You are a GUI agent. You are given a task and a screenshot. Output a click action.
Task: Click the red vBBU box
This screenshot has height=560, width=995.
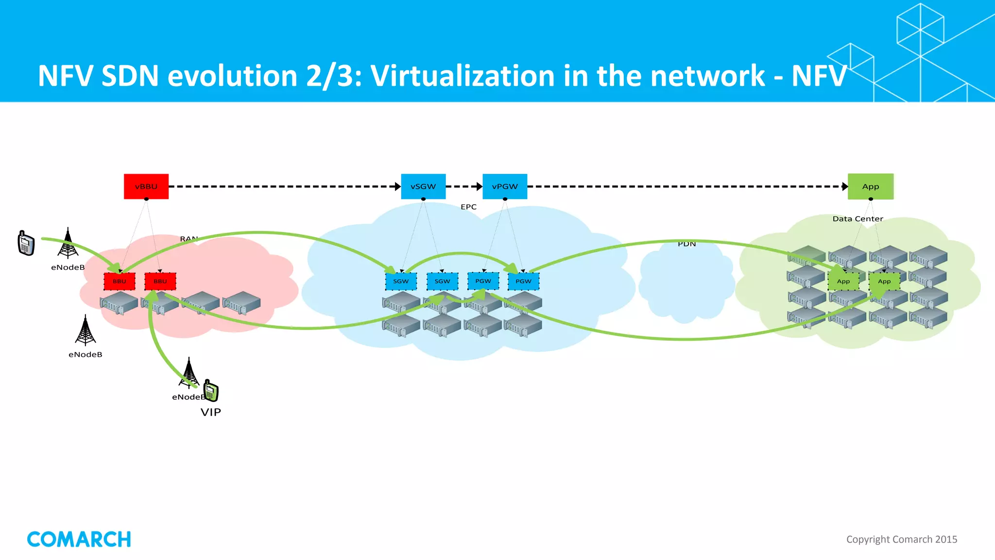pos(146,186)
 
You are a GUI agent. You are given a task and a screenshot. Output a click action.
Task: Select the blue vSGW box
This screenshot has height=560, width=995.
pos(423,186)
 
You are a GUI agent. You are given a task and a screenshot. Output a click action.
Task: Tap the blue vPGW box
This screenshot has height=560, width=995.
pos(505,186)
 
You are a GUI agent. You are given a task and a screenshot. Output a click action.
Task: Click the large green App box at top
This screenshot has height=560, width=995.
pos(870,186)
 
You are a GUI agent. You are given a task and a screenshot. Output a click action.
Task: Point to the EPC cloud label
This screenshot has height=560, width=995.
pos(468,207)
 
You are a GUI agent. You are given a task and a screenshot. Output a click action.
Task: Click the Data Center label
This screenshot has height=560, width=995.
pos(858,219)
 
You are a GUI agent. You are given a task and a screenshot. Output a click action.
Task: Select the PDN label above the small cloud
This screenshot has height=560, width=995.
pos(686,244)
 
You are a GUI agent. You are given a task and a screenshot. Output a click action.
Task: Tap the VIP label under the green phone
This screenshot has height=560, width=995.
pos(210,412)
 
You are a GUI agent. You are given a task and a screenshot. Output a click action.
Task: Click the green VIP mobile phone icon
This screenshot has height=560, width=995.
pos(211,390)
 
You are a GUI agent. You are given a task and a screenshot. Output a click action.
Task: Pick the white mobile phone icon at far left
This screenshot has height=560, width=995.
pos(26,243)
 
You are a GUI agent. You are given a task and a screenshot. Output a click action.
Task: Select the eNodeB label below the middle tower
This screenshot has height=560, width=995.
pos(86,354)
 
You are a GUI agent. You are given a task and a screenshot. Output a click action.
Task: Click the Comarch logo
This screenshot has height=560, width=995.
pos(79,539)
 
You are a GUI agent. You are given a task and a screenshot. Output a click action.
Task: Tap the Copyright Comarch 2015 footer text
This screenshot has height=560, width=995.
pos(901,539)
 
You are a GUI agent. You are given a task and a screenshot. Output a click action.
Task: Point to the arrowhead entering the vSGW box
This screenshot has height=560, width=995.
pos(398,186)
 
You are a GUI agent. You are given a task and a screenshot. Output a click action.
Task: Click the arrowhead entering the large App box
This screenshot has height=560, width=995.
pos(845,186)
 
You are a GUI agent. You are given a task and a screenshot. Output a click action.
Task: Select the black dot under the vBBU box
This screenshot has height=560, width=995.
pos(146,199)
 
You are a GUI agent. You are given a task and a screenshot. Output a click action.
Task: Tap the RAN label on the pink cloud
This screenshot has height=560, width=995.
pos(189,239)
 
